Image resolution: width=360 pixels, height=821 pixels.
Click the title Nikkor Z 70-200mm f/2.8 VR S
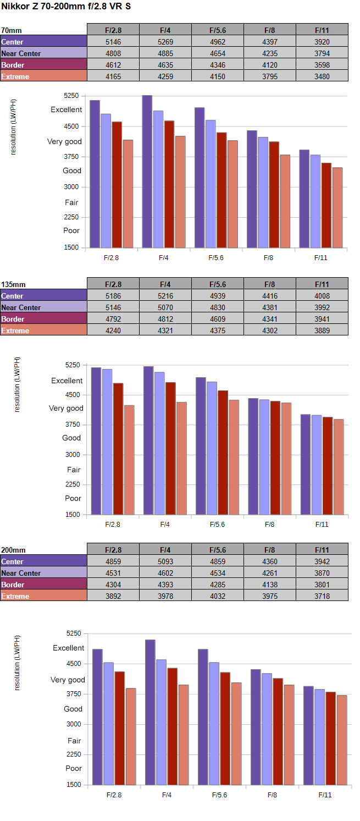point(66,6)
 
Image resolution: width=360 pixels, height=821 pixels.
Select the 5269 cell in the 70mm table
point(165,42)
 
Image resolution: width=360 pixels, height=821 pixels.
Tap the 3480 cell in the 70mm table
point(322,76)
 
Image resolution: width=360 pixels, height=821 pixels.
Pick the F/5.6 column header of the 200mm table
point(218,550)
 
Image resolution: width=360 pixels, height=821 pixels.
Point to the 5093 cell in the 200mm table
point(165,561)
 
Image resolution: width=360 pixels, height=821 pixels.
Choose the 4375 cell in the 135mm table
point(218,330)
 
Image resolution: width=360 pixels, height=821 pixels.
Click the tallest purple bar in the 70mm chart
point(147,171)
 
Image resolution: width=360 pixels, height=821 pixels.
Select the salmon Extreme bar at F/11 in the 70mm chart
point(337,207)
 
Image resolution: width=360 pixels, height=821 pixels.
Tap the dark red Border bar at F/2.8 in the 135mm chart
point(118,449)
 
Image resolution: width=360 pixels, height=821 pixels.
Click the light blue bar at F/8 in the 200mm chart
point(267,729)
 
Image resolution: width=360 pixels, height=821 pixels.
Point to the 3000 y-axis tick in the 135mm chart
point(73,454)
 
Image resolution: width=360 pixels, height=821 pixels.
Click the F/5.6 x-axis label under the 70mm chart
point(215,258)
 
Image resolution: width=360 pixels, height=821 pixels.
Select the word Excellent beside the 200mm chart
point(69,648)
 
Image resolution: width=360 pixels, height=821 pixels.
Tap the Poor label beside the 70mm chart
point(71,230)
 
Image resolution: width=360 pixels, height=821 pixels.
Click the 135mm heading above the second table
point(13,284)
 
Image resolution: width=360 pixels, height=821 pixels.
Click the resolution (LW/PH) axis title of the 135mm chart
point(17,384)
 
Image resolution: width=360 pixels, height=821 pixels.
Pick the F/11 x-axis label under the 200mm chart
point(325,795)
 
